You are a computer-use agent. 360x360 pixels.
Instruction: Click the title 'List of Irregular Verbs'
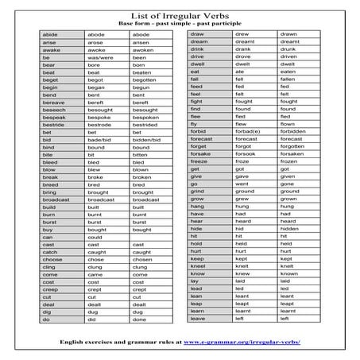coord(180,16)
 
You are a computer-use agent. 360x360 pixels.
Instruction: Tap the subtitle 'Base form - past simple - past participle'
coord(180,25)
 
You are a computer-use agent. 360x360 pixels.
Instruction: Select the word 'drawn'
coord(288,35)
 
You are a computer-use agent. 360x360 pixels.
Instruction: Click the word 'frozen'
coord(289,162)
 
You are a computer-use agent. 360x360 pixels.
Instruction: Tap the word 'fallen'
coord(288,79)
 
